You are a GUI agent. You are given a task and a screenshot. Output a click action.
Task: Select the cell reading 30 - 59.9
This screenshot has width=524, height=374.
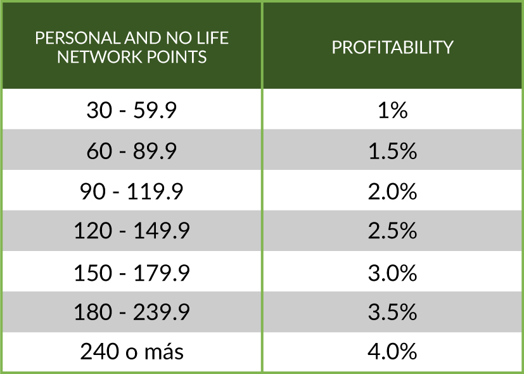point(131,111)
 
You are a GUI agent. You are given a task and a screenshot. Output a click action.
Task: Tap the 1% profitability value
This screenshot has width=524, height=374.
point(393,111)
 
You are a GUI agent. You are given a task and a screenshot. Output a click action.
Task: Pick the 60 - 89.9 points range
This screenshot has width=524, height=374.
point(131,152)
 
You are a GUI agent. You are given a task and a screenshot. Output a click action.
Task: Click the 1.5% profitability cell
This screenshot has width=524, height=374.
point(393,152)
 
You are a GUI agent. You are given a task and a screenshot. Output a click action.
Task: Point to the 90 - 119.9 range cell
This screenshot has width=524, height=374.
point(131,191)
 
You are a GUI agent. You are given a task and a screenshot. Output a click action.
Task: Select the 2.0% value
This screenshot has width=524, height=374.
point(393,191)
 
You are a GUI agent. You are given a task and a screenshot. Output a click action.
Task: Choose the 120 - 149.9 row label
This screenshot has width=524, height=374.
point(131,231)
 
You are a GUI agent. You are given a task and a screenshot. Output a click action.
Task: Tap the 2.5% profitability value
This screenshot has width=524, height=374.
point(393,231)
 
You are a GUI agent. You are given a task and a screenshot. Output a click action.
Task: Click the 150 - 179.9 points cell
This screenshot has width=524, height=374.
point(131,273)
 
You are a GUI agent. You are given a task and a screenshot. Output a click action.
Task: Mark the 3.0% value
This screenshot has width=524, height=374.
point(393,273)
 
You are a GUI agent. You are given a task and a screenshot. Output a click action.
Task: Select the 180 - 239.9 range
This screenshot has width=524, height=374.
point(131,313)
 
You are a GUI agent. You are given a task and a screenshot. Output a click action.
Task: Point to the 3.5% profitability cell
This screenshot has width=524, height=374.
point(393,313)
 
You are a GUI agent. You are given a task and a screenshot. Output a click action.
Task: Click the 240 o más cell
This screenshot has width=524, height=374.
point(131,352)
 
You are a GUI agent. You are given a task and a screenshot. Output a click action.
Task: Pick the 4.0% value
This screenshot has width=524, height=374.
point(393,352)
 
